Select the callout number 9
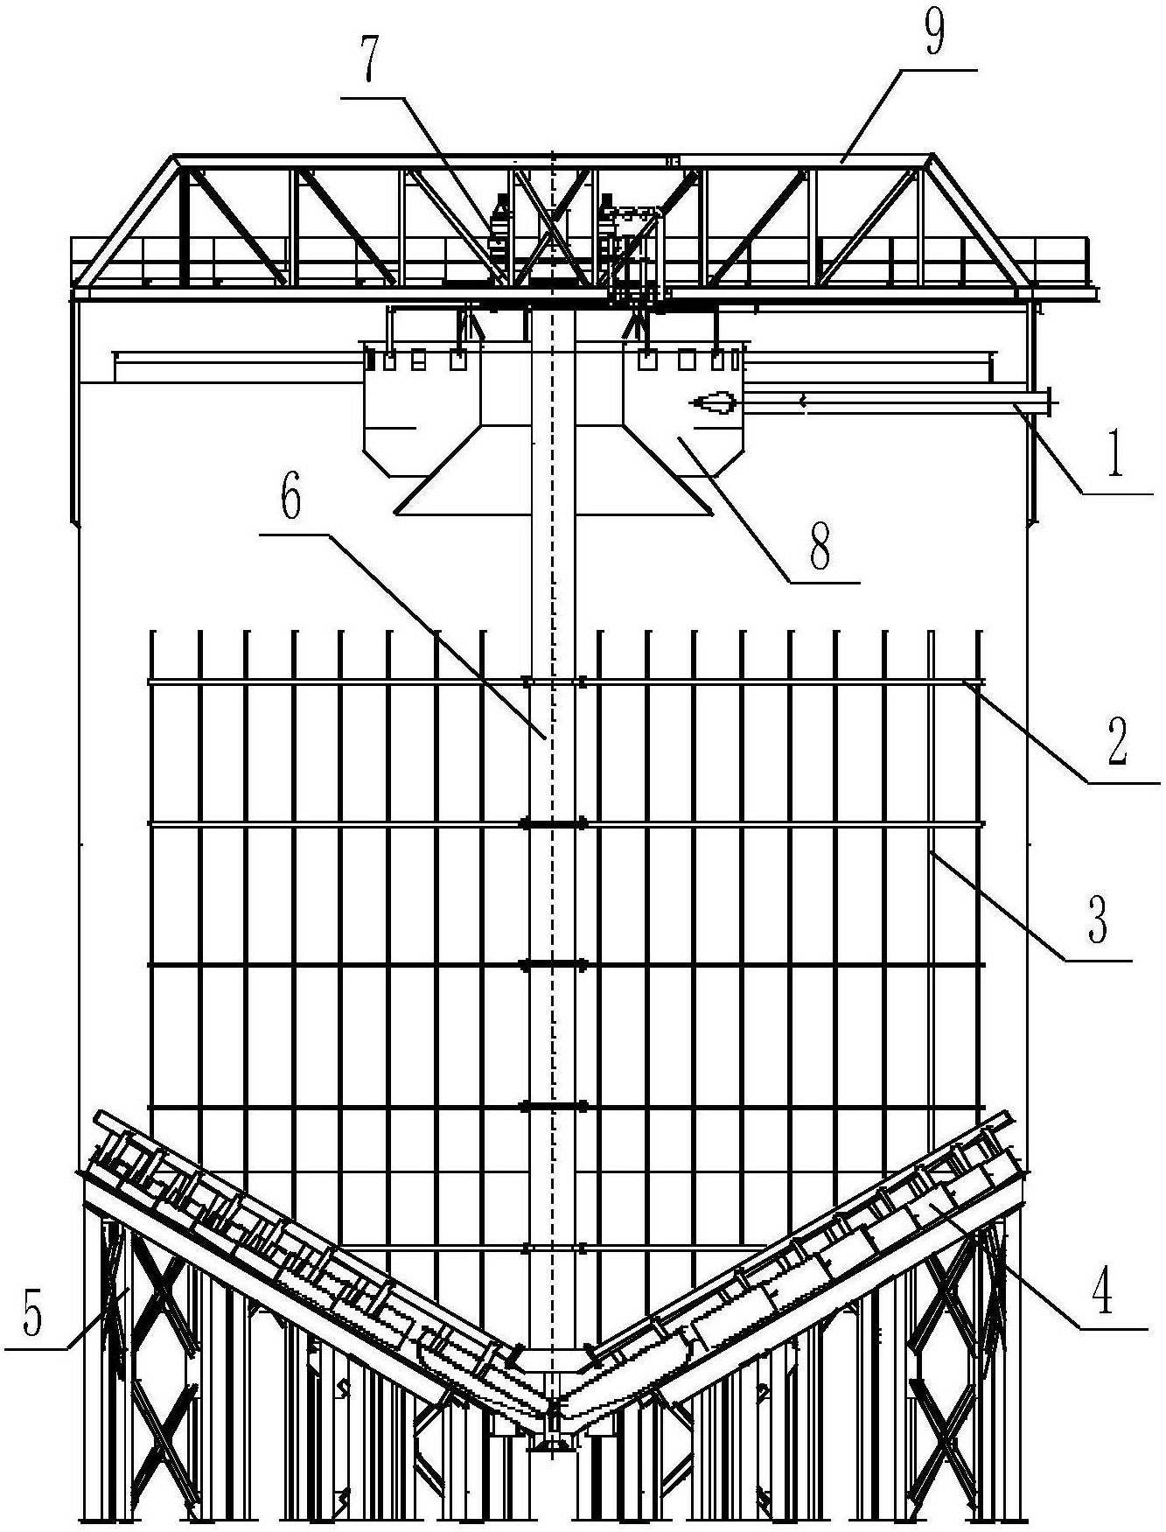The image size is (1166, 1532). click(934, 31)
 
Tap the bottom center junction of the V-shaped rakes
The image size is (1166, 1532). click(553, 1408)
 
